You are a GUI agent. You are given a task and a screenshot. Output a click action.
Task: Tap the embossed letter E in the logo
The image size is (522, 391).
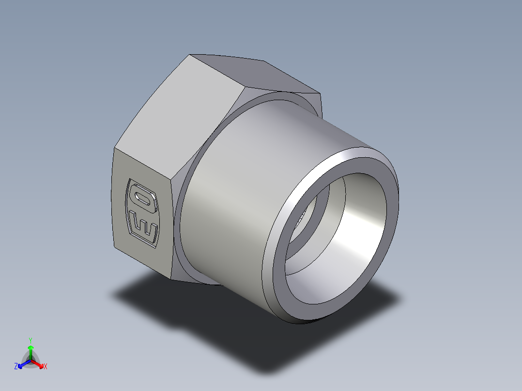144,228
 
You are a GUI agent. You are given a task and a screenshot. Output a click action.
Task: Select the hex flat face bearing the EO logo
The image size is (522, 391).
140,208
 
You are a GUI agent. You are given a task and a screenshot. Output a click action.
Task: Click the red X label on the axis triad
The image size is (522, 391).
46,367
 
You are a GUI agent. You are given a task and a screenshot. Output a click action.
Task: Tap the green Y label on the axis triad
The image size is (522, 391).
30,340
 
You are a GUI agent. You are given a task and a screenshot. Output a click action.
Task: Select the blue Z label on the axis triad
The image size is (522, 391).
16,367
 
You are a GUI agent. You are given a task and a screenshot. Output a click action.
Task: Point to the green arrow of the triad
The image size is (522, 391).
31,351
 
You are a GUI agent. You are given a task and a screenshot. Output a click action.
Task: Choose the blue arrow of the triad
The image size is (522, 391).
22,364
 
